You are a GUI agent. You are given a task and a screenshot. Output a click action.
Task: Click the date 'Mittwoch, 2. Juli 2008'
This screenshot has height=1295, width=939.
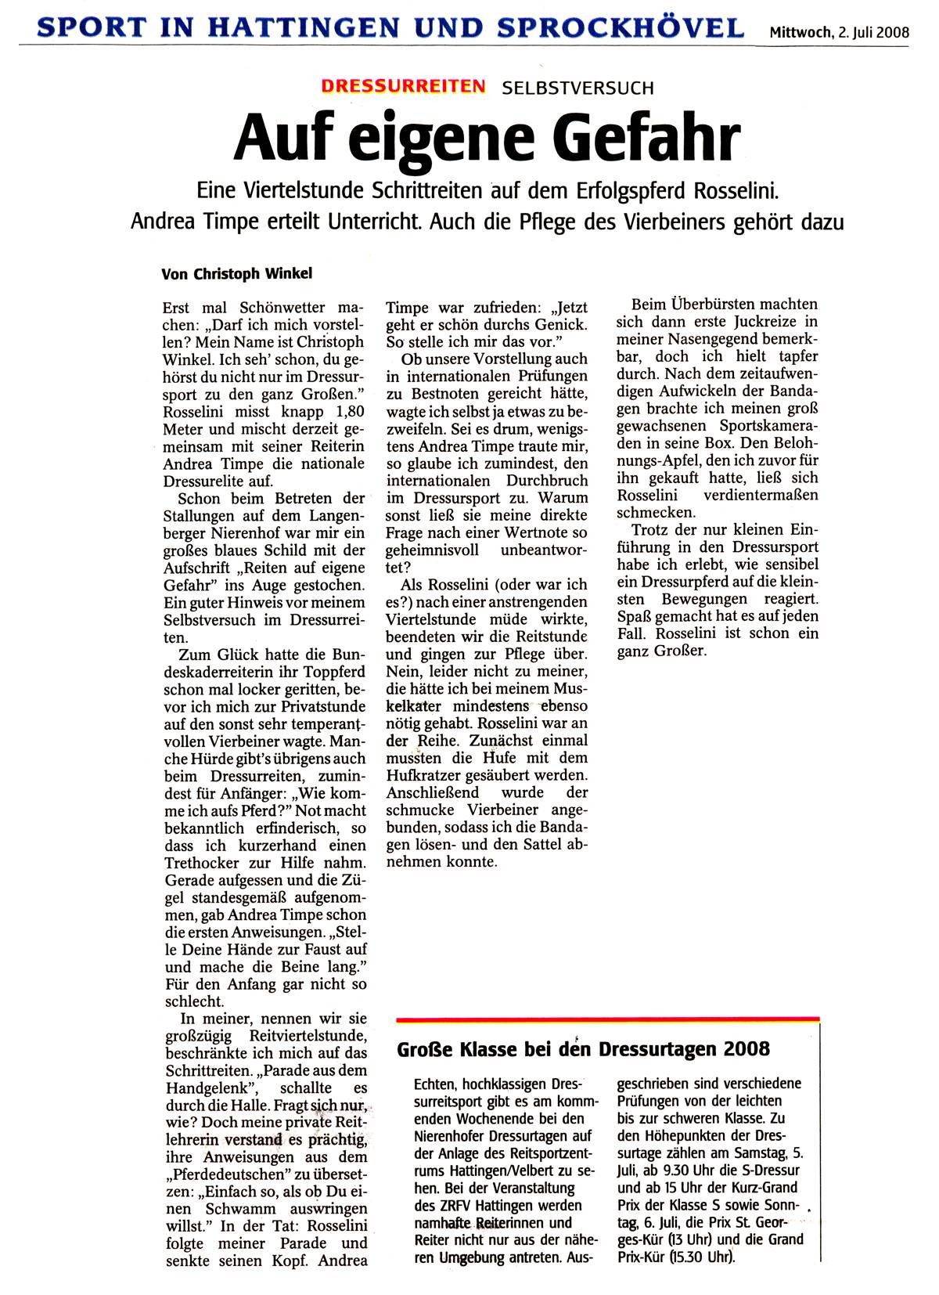839,32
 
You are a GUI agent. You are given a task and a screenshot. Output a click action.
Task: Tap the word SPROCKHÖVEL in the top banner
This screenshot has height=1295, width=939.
612,28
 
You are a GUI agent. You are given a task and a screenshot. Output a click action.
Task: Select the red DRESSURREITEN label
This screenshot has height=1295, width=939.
403,87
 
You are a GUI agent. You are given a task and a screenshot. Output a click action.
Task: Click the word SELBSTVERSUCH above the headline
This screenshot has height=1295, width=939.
577,88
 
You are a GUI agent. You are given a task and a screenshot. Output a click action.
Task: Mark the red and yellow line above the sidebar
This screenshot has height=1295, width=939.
608,1019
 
